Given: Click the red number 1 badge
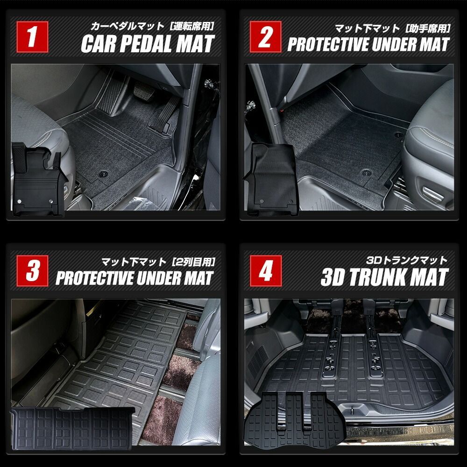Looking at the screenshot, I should click(x=32, y=39).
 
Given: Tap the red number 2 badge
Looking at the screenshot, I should click(x=265, y=39).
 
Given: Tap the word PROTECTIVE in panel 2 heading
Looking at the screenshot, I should click(x=327, y=45).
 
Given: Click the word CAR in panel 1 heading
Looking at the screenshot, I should click(x=99, y=45).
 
